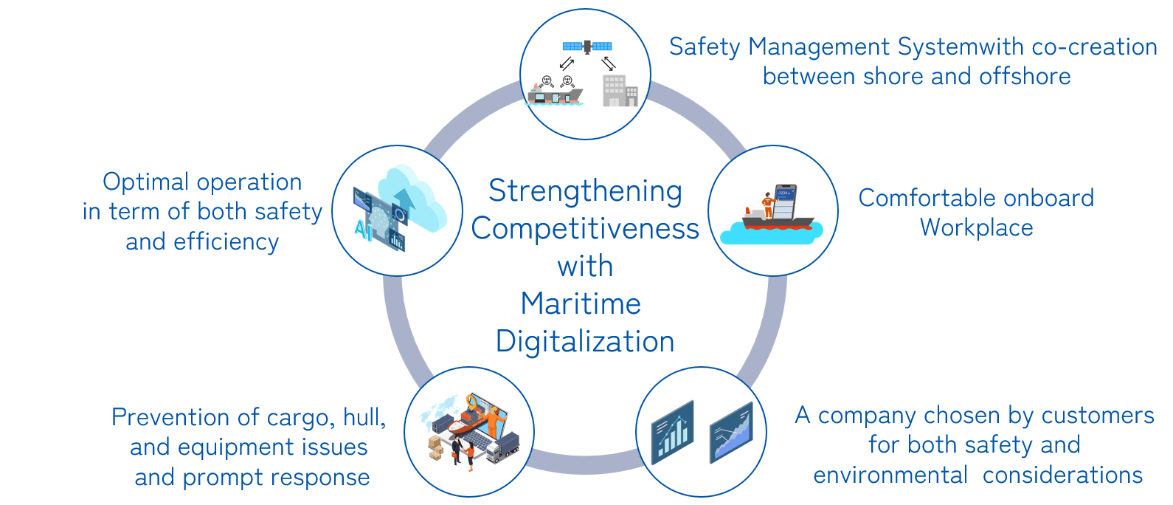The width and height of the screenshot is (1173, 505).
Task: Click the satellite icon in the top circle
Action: pos(587,46)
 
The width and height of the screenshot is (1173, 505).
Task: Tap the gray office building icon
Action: pos(619,92)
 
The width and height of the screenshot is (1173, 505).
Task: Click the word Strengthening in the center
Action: pos(585,191)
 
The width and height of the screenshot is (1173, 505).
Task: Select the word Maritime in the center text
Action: pos(581,304)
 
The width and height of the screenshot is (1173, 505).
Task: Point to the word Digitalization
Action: pos(585,342)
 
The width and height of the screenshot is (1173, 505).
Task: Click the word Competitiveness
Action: pos(585,229)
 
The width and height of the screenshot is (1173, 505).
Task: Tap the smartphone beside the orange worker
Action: pos(785,201)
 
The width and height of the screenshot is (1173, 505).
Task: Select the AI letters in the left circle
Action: pos(363,230)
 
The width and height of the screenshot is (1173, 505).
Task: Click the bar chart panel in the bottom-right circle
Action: pos(672,433)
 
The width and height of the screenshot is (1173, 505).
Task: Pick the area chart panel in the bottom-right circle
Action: pos(730,433)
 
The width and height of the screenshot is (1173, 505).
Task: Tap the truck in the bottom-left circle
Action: pos(502,447)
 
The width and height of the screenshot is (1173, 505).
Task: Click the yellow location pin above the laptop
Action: pos(472,402)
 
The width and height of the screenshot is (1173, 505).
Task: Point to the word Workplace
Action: pos(976,228)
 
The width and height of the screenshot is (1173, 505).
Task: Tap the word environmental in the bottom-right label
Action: pos(890,475)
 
